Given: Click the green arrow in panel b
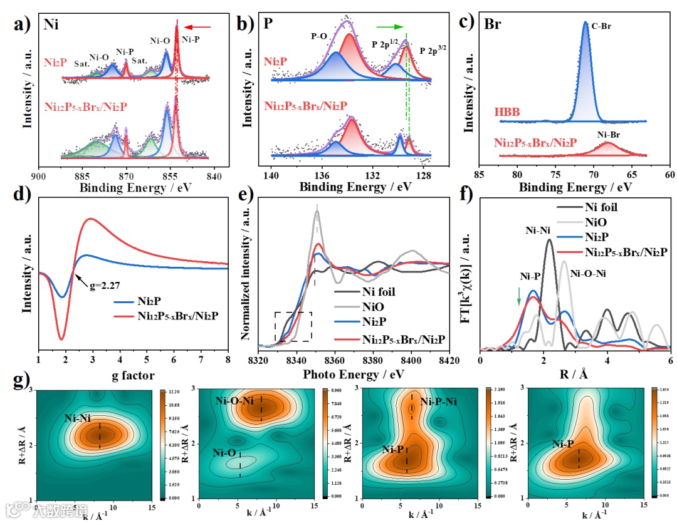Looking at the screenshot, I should [389, 26].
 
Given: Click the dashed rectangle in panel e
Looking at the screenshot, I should [293, 326].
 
